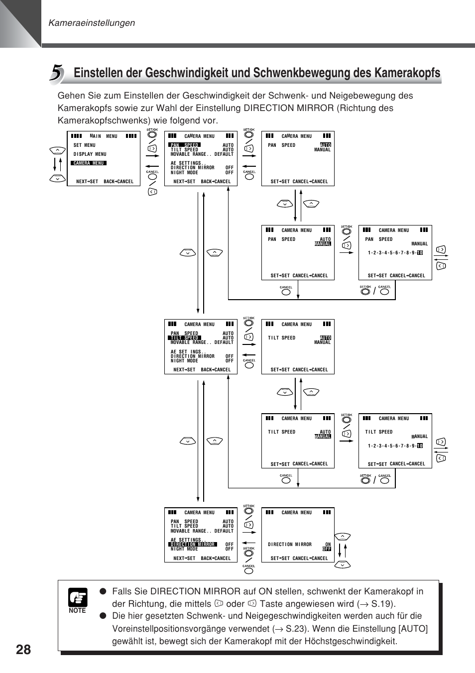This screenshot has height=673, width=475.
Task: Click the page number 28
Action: (23, 650)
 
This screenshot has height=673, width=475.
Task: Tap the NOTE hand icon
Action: (78, 597)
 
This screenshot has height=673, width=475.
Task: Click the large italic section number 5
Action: (56, 73)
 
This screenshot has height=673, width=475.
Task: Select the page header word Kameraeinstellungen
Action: (92, 23)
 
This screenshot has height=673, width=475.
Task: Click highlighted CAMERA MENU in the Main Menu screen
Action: (89, 163)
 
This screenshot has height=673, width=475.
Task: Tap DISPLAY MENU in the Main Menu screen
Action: (90, 154)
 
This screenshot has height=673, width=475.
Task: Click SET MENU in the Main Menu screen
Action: (85, 145)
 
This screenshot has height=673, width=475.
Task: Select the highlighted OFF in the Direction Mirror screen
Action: (327, 549)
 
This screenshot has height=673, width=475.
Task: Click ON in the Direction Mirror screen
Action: (328, 544)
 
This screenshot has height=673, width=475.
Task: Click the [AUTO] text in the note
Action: (413, 629)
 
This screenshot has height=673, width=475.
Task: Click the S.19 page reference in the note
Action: (381, 604)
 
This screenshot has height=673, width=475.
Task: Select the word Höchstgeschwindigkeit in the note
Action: (351, 641)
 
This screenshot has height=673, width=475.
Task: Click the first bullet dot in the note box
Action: (103, 591)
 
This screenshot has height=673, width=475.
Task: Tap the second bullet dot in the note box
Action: (103, 616)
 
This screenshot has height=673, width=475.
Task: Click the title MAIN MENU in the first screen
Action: (104, 136)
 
